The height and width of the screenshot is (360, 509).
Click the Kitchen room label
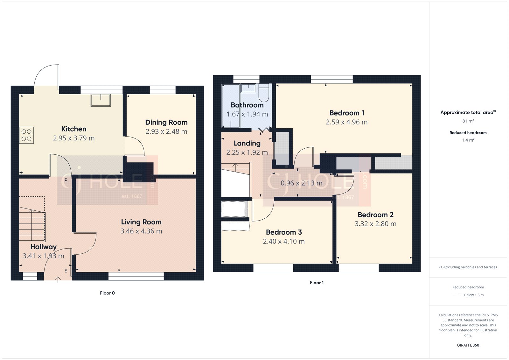(x=74, y=129)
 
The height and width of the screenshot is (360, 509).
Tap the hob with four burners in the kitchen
(x=26, y=135)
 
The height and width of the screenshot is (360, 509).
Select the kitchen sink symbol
(x=101, y=100)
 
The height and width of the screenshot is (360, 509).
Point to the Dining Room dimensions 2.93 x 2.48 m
(x=166, y=131)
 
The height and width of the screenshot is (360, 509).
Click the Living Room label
(x=141, y=222)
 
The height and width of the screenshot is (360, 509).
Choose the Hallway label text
(x=44, y=247)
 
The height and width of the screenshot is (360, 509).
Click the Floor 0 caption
(x=107, y=293)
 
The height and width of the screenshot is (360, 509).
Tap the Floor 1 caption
(x=317, y=283)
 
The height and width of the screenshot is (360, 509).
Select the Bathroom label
(x=247, y=105)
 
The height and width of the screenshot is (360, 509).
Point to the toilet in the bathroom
(x=264, y=92)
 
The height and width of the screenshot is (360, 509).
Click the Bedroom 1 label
(x=347, y=113)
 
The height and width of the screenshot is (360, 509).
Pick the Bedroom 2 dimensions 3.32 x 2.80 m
(x=375, y=224)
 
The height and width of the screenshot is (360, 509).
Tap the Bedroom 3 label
(x=284, y=232)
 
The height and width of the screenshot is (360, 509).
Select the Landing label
(x=247, y=143)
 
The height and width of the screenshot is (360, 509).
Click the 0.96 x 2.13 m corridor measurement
(x=301, y=183)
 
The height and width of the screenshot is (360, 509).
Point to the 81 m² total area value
(x=468, y=121)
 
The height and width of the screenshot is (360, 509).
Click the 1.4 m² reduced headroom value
(x=468, y=140)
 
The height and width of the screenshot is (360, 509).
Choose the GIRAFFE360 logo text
(x=468, y=345)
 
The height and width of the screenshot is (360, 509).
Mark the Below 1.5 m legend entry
(x=473, y=295)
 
